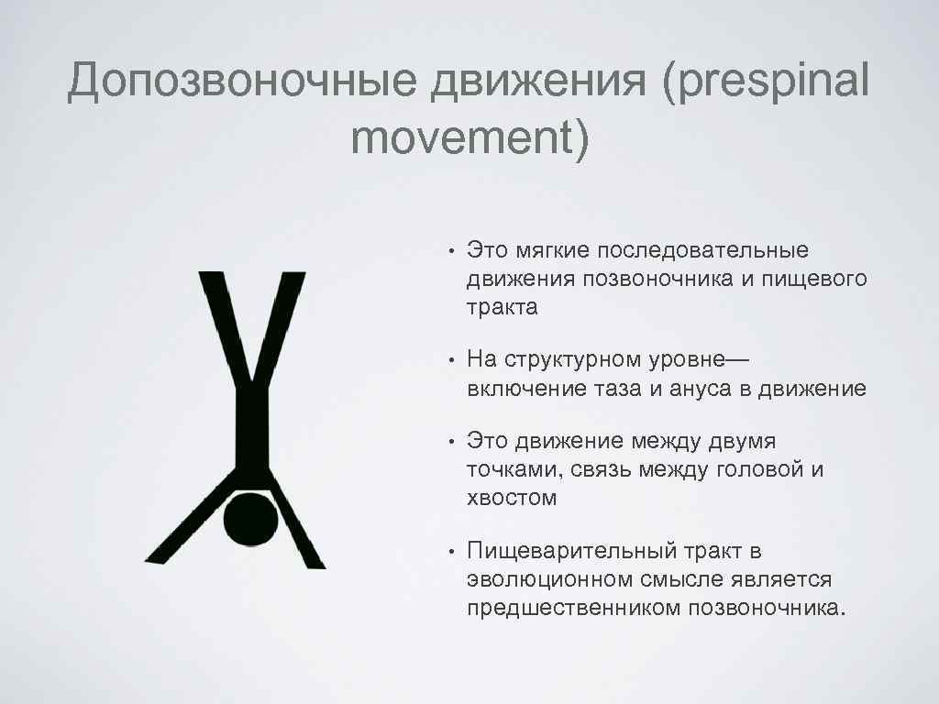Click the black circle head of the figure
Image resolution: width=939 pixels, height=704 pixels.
click(251, 520)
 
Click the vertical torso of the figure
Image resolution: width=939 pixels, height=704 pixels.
click(251, 422)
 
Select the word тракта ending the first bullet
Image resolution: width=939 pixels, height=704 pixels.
click(503, 307)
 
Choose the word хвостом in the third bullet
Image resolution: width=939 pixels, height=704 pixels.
click(512, 499)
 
